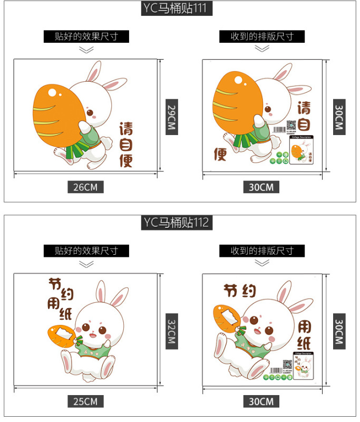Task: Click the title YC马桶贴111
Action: tap(180, 9)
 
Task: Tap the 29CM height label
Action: tap(171, 117)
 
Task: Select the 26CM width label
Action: tap(85, 187)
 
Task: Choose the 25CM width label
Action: tap(85, 401)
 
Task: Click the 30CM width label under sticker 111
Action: tap(261, 187)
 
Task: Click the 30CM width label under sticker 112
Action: tap(261, 401)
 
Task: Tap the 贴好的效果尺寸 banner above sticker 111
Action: tap(86, 36)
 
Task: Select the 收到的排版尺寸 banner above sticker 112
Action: tap(261, 251)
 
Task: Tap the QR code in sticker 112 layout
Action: tap(287, 365)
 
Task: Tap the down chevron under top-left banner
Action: tap(86, 50)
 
